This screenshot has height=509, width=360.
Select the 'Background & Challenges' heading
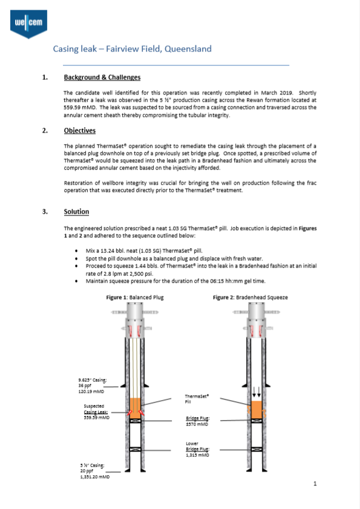[x=102, y=77]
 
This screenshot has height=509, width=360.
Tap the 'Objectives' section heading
[x=79, y=131]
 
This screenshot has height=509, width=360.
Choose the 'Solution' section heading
[x=76, y=212]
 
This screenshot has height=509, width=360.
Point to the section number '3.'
[x=45, y=212]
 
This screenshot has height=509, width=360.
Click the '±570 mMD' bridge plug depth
[x=197, y=424]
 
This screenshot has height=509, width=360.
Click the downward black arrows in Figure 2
[x=256, y=391]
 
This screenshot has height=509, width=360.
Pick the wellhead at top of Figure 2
[x=256, y=327]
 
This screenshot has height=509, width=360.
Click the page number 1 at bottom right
[x=315, y=484]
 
